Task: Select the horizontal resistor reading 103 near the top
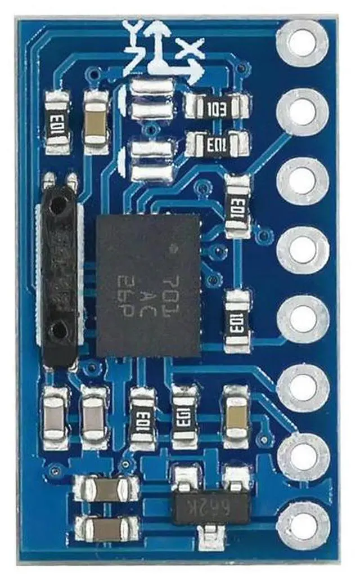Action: (217, 106)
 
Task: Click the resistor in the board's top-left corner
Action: (57, 123)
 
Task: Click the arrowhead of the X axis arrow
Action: (197, 73)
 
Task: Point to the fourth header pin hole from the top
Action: (303, 249)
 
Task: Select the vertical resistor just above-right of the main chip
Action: (237, 206)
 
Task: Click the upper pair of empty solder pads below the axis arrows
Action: (151, 99)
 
